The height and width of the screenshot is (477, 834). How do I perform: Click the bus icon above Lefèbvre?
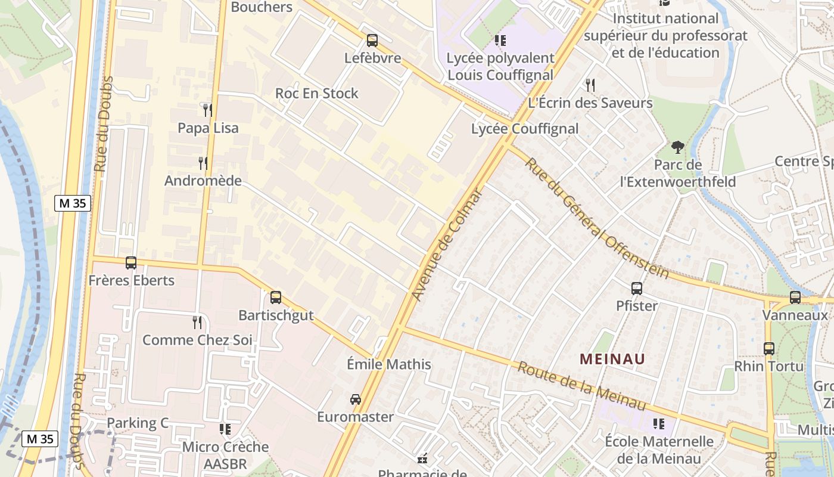tap(372, 41)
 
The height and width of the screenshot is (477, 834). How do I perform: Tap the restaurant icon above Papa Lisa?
tap(207, 110)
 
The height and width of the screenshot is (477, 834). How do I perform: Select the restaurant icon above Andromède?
tap(203, 163)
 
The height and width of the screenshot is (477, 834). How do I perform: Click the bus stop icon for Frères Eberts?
tap(131, 262)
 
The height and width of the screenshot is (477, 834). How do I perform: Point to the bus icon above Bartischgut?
tap(276, 297)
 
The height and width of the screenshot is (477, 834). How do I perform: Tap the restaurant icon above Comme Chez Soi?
tap(197, 323)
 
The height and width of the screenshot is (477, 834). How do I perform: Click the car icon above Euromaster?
tap(356, 399)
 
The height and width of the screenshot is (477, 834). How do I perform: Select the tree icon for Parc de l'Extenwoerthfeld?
tap(677, 147)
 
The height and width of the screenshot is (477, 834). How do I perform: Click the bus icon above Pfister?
tap(637, 289)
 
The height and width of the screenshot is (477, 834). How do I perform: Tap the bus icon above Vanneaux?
tap(795, 298)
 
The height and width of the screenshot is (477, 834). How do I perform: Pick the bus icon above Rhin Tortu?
tap(769, 349)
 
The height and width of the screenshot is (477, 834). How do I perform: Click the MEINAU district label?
tap(612, 359)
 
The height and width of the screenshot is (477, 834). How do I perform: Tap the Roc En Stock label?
tap(316, 94)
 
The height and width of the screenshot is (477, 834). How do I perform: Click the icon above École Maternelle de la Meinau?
tap(659, 424)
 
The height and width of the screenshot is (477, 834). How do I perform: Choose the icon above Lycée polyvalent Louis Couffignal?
tap(500, 41)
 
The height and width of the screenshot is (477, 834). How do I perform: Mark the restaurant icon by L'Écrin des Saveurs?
tap(590, 85)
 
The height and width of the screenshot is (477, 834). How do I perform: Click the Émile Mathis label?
tap(389, 364)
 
